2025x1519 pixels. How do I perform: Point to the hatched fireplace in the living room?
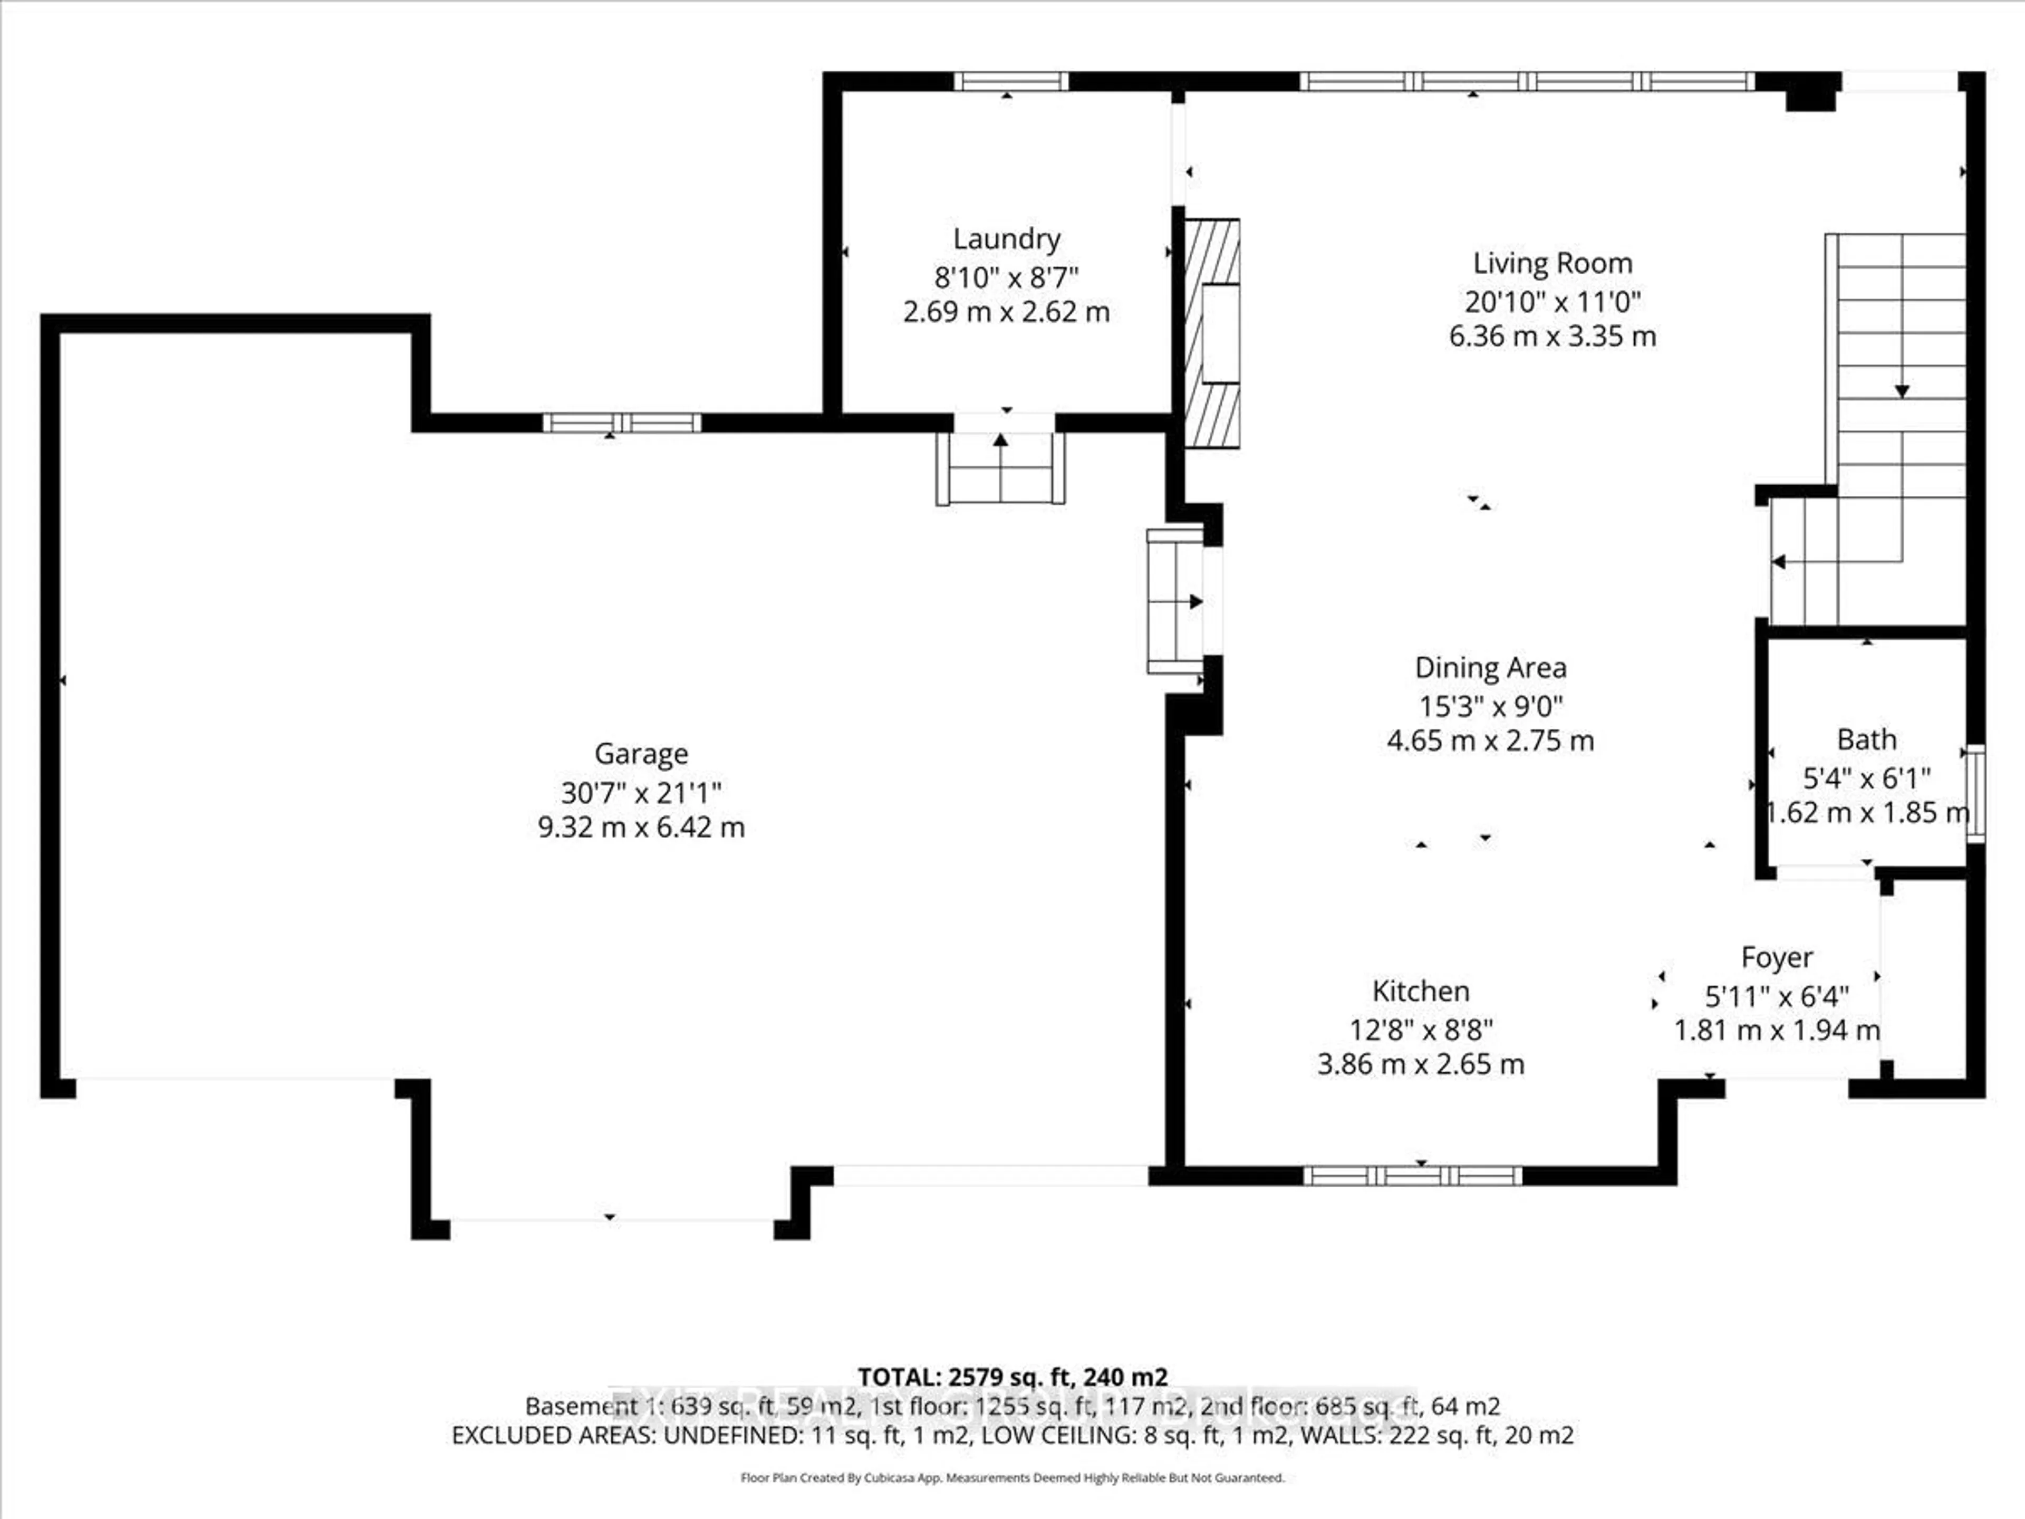coord(1212,333)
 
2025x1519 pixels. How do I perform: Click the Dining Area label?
coord(1490,668)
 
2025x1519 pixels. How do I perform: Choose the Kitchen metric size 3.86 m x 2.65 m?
coord(1421,1064)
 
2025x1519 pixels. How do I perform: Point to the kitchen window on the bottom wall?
coord(1413,1176)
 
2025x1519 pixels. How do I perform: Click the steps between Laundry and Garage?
coord(1000,469)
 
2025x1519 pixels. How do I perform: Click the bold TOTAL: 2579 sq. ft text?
coord(1012,1377)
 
